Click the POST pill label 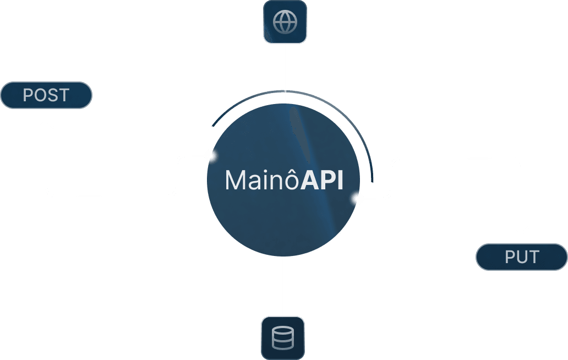tap(46, 95)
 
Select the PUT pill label tap(521, 257)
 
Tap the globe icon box tap(285, 22)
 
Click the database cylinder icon tap(283, 337)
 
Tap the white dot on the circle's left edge tap(210, 156)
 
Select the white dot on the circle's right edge tap(358, 199)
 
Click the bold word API tap(322, 180)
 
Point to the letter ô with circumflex tap(292, 180)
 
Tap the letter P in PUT tap(510, 257)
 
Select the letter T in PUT tap(533, 257)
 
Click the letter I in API tap(340, 181)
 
